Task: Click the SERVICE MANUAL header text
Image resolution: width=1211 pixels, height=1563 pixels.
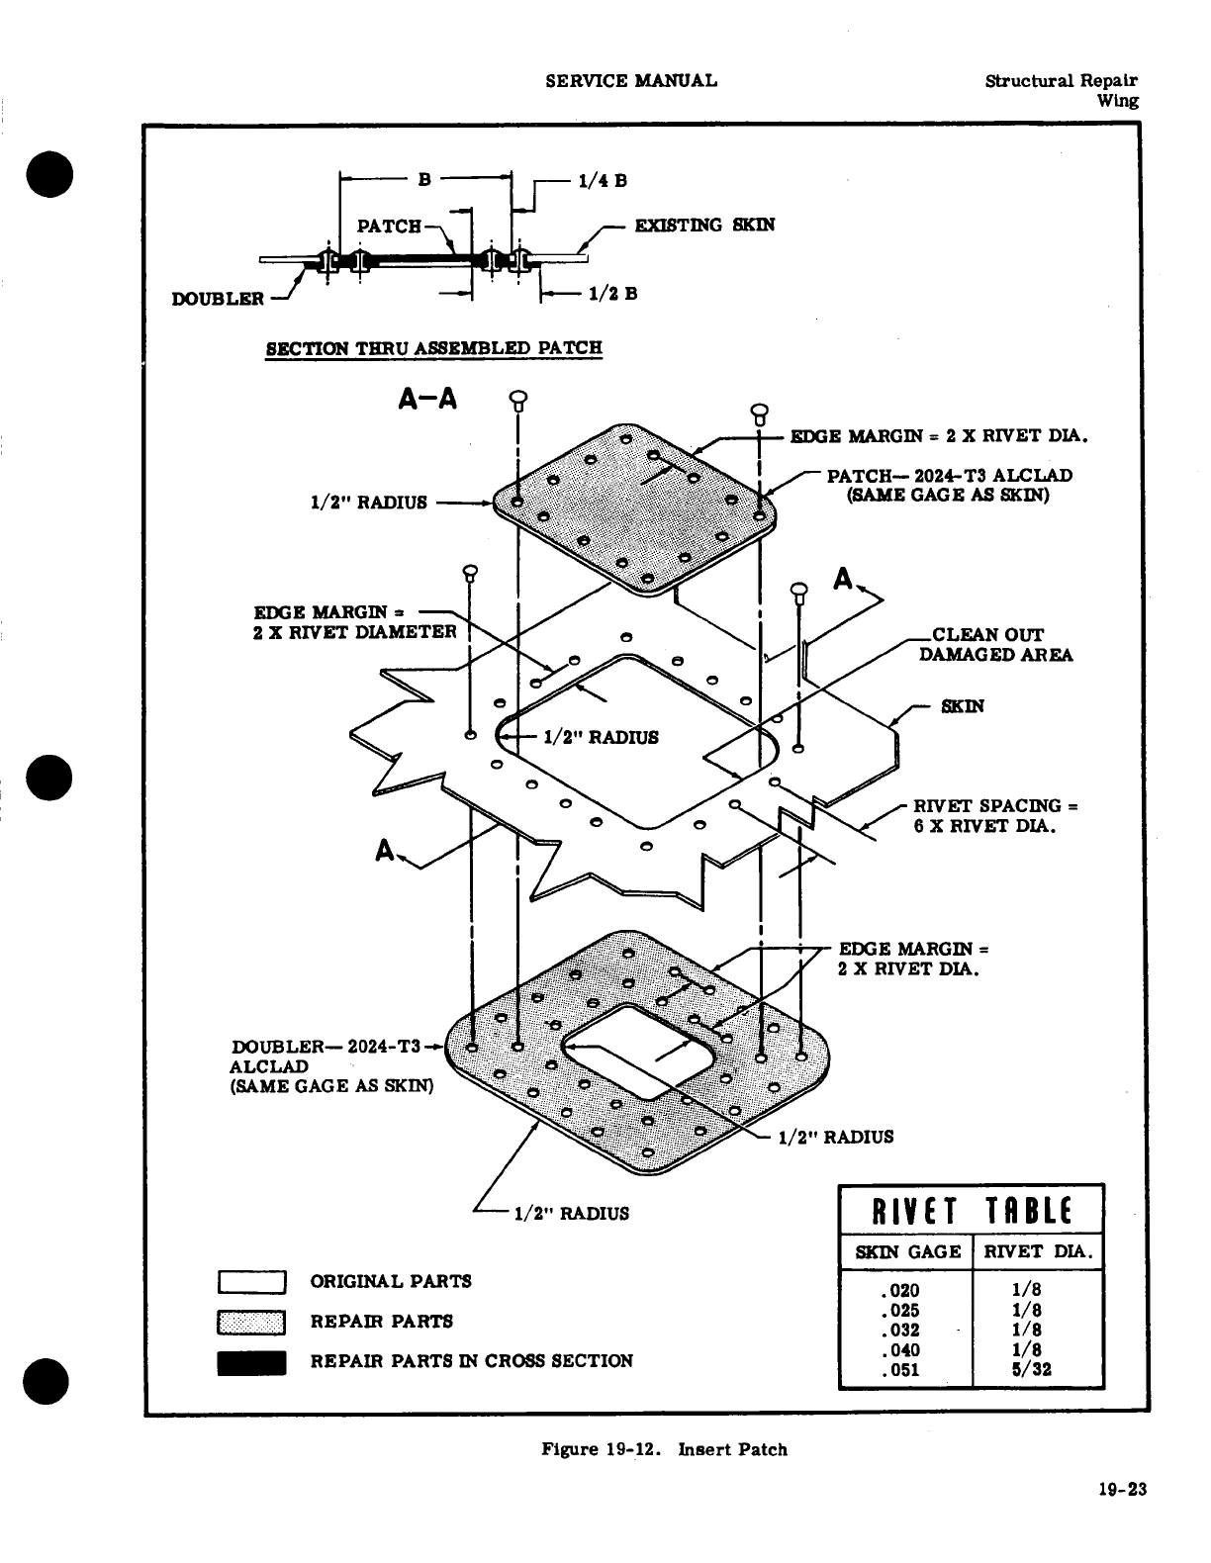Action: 631,80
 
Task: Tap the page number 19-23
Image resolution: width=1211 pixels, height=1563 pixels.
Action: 1121,1489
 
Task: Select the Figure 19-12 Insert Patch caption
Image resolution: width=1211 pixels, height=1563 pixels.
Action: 664,1449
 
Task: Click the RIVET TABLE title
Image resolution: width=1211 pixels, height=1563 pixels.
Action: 971,1210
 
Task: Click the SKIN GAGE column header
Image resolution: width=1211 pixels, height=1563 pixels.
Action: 907,1251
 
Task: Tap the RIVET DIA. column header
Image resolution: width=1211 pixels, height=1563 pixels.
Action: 1038,1251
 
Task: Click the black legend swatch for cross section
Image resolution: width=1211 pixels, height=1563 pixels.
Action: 252,1362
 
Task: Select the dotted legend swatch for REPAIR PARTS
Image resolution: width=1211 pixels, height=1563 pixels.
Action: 252,1323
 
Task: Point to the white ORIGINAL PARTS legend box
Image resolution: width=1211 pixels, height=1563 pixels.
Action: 252,1282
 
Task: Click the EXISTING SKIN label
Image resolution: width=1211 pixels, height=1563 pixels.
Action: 704,225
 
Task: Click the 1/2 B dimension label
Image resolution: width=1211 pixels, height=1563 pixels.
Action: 612,294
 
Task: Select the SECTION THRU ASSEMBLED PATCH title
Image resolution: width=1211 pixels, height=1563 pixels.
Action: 434,348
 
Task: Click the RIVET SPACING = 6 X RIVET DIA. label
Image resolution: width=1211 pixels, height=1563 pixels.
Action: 993,815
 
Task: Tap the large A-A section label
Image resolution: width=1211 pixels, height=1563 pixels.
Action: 427,398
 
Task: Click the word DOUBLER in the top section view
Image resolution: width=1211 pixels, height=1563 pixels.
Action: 218,299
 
